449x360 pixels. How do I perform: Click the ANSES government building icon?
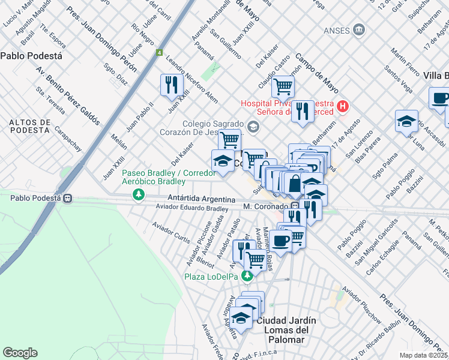pyautogui.click(x=359, y=29)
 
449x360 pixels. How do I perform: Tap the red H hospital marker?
pyautogui.click(x=342, y=107)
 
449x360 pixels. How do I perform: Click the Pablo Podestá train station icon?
pyautogui.click(x=68, y=198)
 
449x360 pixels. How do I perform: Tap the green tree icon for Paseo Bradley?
pyautogui.click(x=139, y=194)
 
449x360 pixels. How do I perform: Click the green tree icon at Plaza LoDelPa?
pyautogui.click(x=246, y=276)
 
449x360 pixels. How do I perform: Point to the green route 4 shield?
pyautogui.click(x=159, y=53)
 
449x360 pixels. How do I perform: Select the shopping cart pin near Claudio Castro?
pyautogui.click(x=283, y=86)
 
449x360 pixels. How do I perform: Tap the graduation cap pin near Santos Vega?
pyautogui.click(x=406, y=121)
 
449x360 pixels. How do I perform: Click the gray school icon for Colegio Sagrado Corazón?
pyautogui.click(x=253, y=126)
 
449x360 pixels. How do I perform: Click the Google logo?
pyautogui.click(x=20, y=352)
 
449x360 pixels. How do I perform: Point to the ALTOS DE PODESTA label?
pyautogui.click(x=29, y=126)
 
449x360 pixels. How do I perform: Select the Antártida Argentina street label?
pyautogui.click(x=193, y=199)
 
